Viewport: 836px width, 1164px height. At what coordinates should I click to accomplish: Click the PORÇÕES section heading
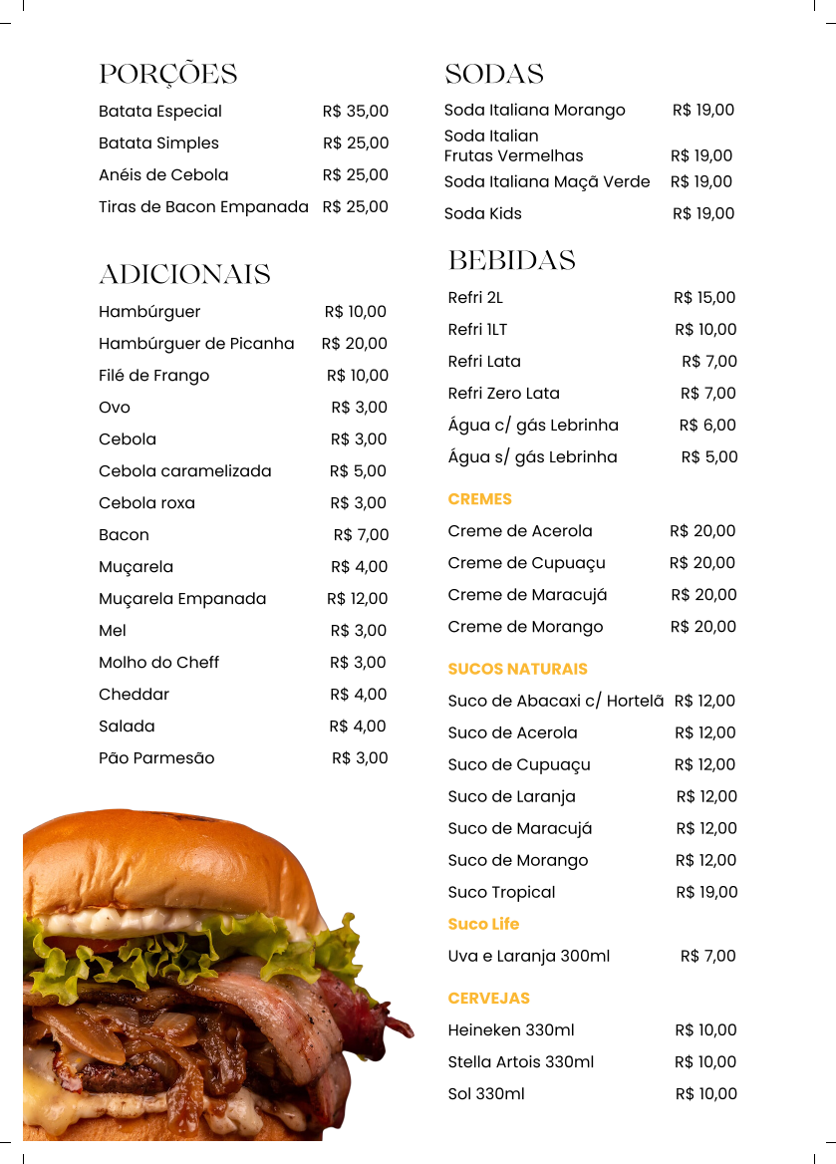point(167,75)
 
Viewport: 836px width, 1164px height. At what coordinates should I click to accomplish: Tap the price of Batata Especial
point(355,112)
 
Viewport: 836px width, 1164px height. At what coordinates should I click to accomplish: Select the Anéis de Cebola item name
point(163,175)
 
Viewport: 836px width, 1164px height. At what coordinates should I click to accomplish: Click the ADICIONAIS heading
point(184,275)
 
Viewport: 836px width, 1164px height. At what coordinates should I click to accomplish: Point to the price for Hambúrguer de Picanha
point(354,344)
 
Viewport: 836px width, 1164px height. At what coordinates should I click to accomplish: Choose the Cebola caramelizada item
point(184,471)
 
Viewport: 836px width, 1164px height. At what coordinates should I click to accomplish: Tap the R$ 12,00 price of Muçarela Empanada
point(357,599)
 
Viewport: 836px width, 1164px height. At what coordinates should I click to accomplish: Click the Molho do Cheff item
point(158,663)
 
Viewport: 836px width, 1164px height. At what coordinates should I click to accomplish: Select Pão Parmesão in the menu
point(156,758)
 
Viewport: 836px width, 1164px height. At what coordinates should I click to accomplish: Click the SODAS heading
point(493,75)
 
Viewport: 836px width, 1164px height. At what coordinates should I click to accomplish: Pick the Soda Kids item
point(482,214)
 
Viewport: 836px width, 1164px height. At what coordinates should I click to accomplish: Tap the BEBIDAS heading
point(511,261)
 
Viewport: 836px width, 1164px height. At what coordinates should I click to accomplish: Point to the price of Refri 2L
point(703,298)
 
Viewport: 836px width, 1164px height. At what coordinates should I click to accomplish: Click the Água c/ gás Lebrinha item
point(533,426)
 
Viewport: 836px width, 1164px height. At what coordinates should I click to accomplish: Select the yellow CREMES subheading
point(479,499)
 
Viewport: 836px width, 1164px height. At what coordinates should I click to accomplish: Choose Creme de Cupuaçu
point(526,563)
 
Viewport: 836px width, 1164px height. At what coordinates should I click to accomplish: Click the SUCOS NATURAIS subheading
point(517,669)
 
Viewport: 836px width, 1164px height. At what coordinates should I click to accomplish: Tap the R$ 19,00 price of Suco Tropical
point(706,892)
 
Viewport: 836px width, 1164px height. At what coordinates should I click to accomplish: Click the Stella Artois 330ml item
point(520,1062)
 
